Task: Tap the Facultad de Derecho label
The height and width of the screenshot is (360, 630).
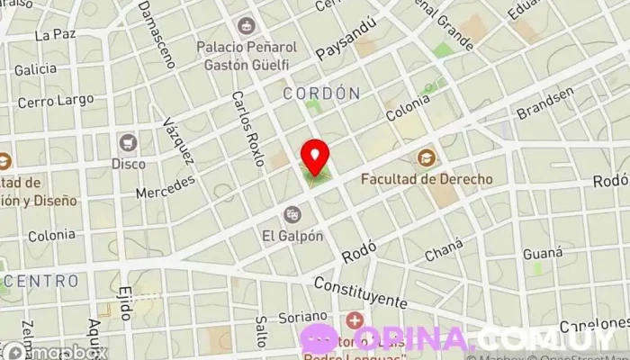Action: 427,179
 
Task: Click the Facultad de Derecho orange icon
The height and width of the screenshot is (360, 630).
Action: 426,158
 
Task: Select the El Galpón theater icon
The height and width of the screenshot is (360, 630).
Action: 291,214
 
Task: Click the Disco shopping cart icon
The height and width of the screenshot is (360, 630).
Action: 128,142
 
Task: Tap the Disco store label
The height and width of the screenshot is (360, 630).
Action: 128,164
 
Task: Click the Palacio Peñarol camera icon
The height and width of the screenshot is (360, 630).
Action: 245,26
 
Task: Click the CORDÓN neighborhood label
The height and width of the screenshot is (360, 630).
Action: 321,94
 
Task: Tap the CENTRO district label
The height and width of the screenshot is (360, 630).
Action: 40,281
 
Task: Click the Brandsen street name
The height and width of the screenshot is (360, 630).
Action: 544,103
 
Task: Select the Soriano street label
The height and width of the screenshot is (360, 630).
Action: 301,317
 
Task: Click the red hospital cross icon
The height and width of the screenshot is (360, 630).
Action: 355,319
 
